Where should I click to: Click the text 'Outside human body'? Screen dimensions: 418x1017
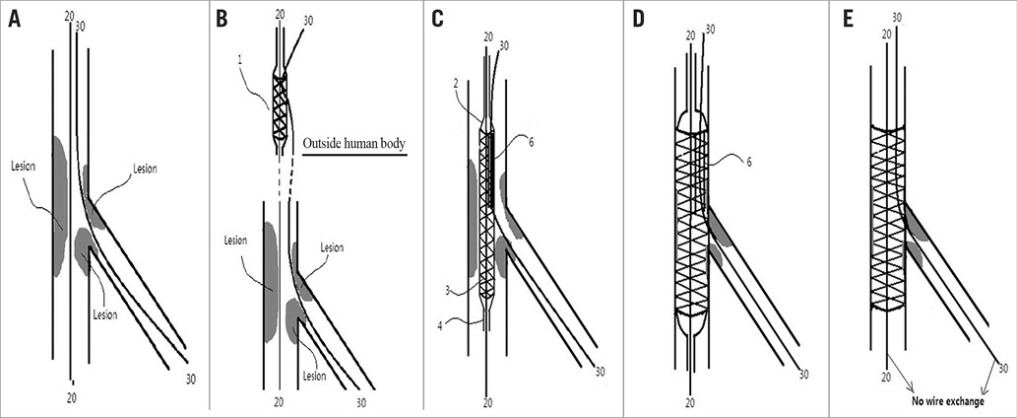click(x=355, y=144)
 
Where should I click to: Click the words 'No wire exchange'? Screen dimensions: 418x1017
click(x=945, y=402)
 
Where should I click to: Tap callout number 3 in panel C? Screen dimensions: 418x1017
click(x=447, y=291)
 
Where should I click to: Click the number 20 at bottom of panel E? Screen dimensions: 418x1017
click(x=887, y=378)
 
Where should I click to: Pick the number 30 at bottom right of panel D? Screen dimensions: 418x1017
click(x=803, y=374)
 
